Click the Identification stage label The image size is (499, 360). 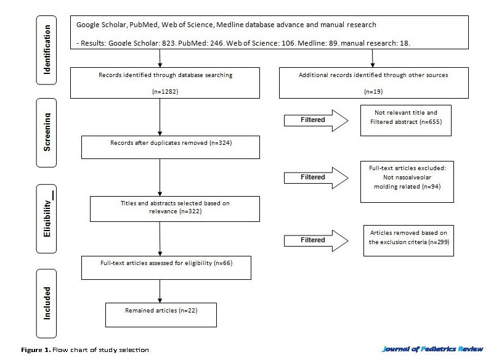[46, 50]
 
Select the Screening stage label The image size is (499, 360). [46, 133]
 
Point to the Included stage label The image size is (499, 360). [46, 303]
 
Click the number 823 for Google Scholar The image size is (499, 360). [168, 43]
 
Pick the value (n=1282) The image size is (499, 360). [165, 92]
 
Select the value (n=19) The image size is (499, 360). [373, 92]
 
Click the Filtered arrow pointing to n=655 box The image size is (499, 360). [316, 120]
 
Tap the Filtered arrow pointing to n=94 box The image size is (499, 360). [316, 178]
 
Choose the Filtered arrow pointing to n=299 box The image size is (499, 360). [316, 240]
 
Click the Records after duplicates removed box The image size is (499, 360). [171, 147]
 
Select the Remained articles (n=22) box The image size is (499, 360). [161, 315]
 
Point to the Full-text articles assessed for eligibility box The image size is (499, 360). [166, 268]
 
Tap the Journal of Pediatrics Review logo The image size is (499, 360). [432, 349]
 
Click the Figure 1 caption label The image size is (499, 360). [36, 350]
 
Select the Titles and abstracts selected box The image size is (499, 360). [175, 209]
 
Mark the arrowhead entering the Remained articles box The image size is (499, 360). [160, 300]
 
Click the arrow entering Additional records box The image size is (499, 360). [372, 58]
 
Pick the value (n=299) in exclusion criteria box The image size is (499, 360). [439, 242]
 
